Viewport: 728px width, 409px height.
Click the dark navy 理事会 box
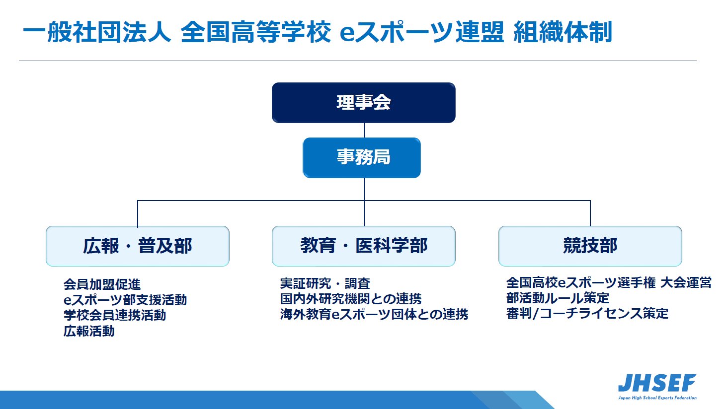[364, 103]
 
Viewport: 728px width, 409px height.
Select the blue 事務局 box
[362, 158]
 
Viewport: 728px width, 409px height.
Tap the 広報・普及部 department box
[138, 246]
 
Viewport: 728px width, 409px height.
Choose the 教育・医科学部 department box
[364, 246]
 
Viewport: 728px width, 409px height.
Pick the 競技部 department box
[590, 246]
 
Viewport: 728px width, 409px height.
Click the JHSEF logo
[657, 387]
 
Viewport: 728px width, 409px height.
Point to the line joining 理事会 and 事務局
[364, 130]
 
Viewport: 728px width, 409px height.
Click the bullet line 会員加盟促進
[102, 284]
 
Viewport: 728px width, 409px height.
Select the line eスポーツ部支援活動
[125, 300]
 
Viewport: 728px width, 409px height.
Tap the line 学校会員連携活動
[115, 315]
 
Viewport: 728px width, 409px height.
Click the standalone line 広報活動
[89, 331]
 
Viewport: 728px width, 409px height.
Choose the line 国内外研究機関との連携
[351, 299]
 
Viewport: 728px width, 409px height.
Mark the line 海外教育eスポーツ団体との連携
[374, 314]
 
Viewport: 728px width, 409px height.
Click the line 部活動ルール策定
[558, 298]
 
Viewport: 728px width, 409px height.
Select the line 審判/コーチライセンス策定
[587, 314]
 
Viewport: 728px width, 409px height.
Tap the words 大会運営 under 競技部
[686, 283]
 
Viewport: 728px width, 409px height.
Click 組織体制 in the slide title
[563, 32]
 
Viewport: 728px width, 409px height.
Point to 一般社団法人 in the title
[97, 32]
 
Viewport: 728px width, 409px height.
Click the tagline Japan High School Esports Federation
[657, 398]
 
